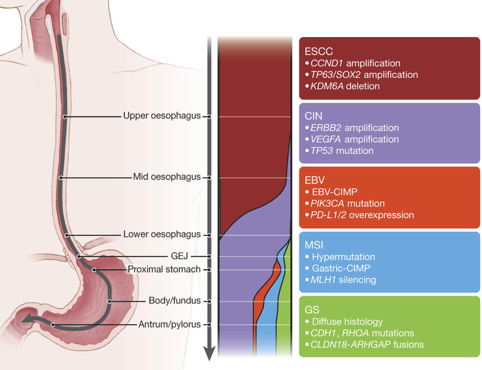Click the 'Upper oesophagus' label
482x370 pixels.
(162, 116)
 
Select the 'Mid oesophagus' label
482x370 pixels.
(167, 177)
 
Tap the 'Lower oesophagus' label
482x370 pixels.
(162, 235)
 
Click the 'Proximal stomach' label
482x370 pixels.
(164, 269)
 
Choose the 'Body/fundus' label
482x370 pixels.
(174, 301)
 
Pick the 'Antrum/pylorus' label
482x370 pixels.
(169, 324)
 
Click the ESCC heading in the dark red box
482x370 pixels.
(319, 51)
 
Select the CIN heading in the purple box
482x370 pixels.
(313, 116)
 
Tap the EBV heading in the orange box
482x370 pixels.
(315, 180)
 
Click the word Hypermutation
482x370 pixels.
(343, 257)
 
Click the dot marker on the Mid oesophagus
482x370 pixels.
(60, 178)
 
